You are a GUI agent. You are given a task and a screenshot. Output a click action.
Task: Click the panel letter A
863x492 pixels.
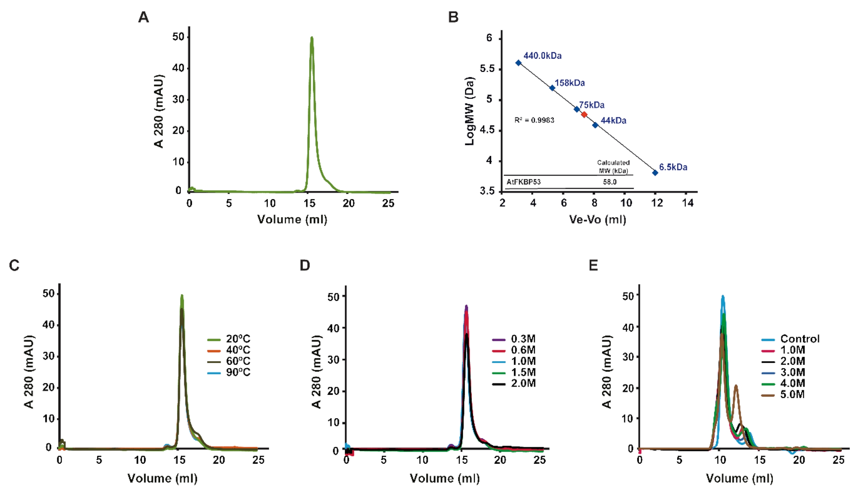144,17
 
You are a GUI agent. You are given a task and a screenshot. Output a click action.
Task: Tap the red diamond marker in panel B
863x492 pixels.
584,115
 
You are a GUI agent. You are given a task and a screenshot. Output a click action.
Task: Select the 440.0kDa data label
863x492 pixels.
542,56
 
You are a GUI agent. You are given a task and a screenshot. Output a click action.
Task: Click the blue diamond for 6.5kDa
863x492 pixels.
655,173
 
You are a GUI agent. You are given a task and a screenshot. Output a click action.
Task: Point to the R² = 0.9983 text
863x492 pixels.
534,120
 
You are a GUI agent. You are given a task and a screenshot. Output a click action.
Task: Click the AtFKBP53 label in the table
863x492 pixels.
523,182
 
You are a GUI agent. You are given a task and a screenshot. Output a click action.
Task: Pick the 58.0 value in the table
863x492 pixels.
609,182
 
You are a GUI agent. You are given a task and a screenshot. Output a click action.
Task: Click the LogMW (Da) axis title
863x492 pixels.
470,111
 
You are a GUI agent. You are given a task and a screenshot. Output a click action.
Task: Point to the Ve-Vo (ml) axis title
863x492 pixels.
597,219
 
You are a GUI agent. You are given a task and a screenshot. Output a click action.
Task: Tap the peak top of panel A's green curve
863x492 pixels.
312,38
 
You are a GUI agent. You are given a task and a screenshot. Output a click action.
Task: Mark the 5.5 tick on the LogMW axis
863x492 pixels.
487,69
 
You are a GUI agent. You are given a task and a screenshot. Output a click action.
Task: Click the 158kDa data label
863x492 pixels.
570,83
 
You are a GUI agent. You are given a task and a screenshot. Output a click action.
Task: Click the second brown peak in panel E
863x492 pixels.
736,386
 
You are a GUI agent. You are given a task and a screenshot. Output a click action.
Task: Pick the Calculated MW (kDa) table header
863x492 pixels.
613,167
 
